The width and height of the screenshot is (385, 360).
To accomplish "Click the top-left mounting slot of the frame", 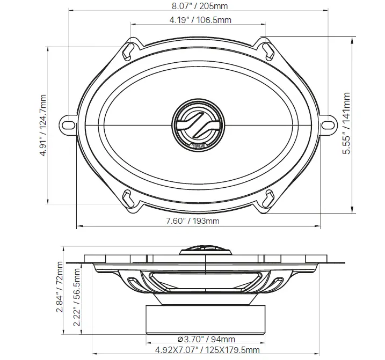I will (x=128, y=50).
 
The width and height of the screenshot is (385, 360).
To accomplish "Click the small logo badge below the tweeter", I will (x=199, y=145).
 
